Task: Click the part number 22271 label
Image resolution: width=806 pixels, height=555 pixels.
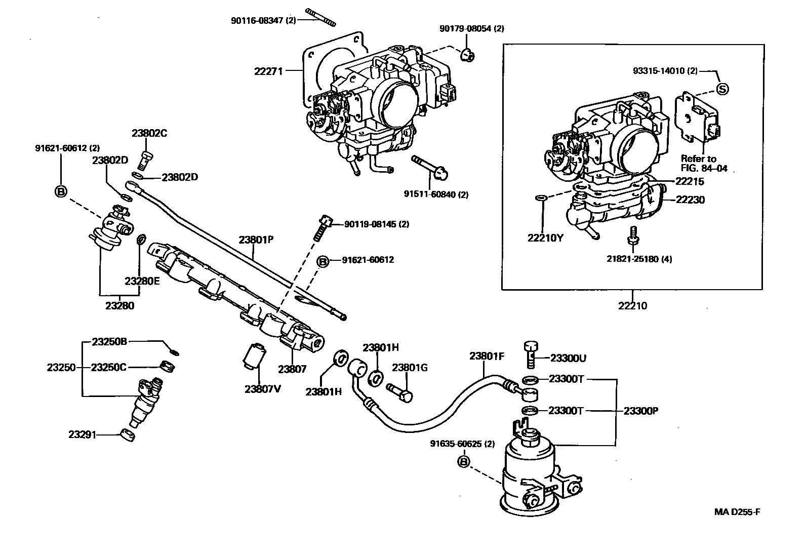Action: coord(268,71)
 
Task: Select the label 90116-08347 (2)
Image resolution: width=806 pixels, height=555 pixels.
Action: coord(263,21)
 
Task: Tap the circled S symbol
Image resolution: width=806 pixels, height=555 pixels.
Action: coord(722,89)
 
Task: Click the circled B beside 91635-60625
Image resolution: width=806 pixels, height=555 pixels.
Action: coord(464,461)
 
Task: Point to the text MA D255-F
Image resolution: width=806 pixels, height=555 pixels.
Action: coord(737,512)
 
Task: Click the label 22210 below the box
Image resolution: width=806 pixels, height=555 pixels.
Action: coord(632,305)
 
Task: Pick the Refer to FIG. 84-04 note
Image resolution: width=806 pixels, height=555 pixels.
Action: coord(704,164)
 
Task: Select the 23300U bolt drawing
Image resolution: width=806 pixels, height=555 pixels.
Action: coord(531,354)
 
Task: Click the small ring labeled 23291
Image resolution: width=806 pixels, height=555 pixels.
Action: coord(128,435)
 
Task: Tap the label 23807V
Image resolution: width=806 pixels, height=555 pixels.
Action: coord(263,389)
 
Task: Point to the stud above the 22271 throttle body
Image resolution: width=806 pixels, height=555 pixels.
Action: coord(320,17)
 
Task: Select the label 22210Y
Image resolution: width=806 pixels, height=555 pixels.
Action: coord(545,238)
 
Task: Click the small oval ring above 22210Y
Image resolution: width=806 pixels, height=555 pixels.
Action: coord(541,197)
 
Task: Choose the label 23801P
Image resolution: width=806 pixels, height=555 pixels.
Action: coord(256,240)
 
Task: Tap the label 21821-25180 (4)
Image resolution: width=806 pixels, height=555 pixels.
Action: coord(639,259)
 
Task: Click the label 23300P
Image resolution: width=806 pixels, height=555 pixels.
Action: coord(641,411)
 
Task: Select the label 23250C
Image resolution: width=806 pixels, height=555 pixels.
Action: coord(109,368)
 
